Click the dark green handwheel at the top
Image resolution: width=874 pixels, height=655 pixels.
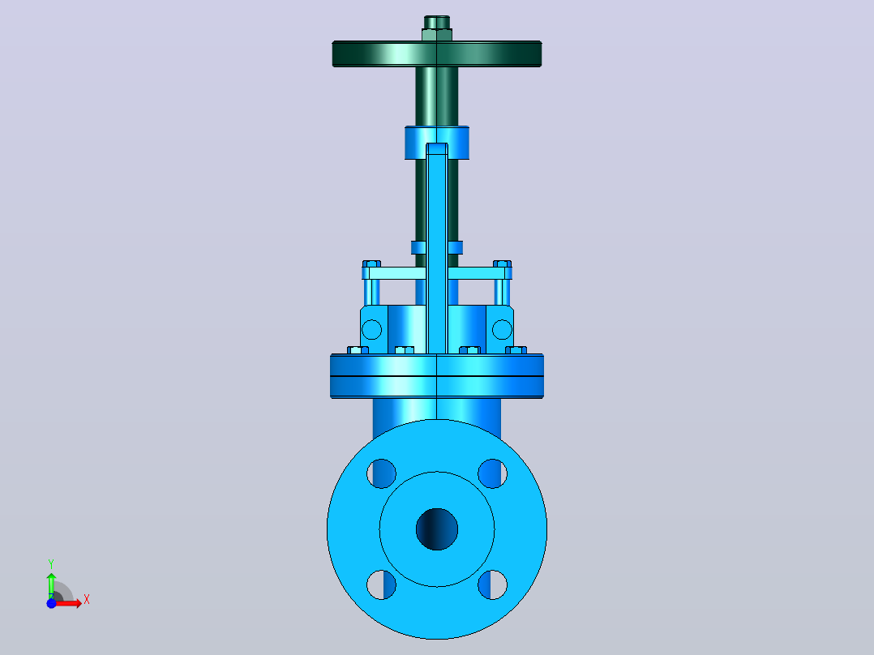click(437, 54)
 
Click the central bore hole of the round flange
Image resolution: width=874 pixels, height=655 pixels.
click(437, 529)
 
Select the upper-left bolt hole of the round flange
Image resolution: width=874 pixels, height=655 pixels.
click(381, 473)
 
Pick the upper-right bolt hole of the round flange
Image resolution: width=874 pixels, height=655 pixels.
click(493, 473)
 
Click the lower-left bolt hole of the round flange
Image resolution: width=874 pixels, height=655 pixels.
click(381, 584)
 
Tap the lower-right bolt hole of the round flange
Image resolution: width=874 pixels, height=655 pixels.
click(493, 584)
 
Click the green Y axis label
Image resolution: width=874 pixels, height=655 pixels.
click(51, 564)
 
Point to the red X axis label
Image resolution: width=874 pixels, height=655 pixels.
click(87, 600)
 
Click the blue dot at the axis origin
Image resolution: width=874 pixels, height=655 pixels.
click(51, 603)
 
